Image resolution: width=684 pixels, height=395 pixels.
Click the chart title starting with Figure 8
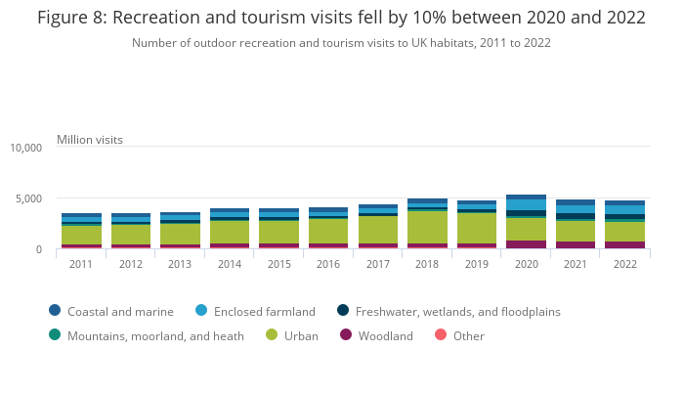pyautogui.click(x=341, y=18)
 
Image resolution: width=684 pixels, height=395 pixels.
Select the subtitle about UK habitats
pyautogui.click(x=341, y=43)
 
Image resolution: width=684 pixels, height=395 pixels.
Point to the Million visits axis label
pyautogui.click(x=90, y=140)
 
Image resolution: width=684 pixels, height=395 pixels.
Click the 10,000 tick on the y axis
pyautogui.click(x=25, y=148)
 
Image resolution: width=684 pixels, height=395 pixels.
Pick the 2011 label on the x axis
pyautogui.click(x=81, y=264)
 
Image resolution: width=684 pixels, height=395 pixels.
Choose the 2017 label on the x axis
pyautogui.click(x=378, y=264)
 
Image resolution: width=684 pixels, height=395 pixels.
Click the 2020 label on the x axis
pyautogui.click(x=527, y=264)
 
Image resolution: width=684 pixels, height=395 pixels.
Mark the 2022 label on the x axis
pyautogui.click(x=625, y=264)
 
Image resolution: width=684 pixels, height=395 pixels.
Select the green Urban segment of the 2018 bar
pyautogui.click(x=427, y=227)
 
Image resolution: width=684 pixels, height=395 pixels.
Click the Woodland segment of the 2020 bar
pyautogui.click(x=527, y=244)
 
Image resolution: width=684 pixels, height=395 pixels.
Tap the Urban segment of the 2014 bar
pyautogui.click(x=230, y=232)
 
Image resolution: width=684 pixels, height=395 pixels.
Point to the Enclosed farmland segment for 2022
pyautogui.click(x=625, y=210)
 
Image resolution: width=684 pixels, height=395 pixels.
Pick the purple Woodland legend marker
pyautogui.click(x=346, y=335)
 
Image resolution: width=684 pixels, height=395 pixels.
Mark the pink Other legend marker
pyautogui.click(x=440, y=335)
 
